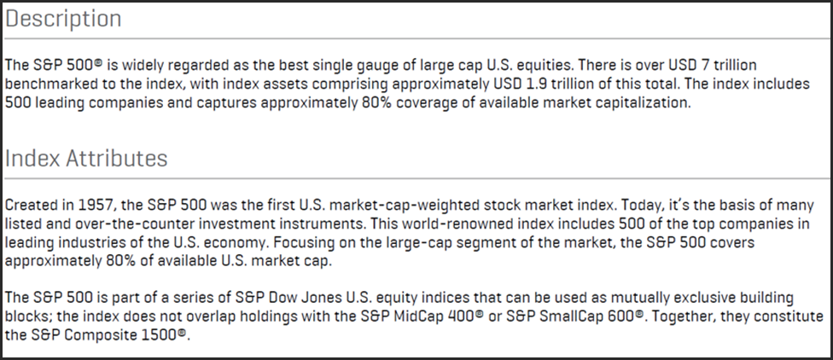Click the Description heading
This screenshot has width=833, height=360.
point(63,19)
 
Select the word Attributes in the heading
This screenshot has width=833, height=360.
point(116,158)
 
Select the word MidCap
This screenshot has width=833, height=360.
point(417,316)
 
